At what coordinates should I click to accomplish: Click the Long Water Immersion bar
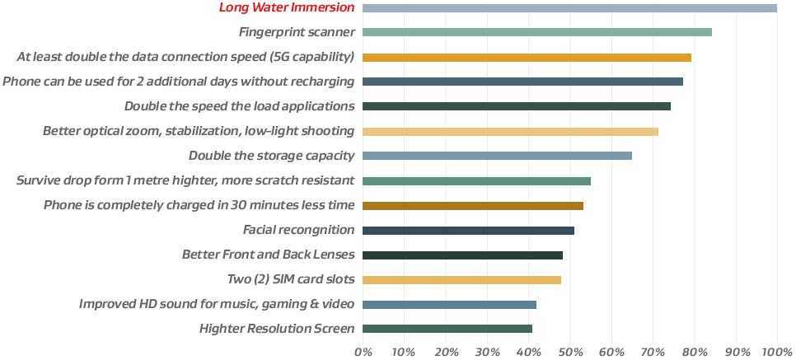pos(569,8)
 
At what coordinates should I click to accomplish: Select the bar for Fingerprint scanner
pos(536,33)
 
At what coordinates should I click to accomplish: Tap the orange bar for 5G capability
pos(527,58)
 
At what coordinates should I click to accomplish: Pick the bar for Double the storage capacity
pos(497,156)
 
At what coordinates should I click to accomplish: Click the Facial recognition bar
pos(468,231)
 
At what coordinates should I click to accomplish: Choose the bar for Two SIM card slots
pos(461,280)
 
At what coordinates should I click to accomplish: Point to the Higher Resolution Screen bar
pos(447,329)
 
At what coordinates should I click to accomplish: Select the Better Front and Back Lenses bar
pos(462,255)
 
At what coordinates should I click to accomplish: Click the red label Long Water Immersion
pos(287,8)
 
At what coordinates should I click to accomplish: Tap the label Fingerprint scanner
pos(297,33)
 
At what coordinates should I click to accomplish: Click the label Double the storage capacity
pos(271,156)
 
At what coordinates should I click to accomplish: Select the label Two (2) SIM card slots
pos(290,280)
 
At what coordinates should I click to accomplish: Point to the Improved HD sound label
pos(217,305)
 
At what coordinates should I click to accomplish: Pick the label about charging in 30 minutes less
pos(199,205)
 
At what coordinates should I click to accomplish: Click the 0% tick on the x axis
pos(363,352)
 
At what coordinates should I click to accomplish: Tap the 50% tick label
pos(569,352)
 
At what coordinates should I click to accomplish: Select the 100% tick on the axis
pos(776,352)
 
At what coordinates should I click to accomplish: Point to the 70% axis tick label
pos(653,352)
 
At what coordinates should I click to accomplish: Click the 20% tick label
pos(445,352)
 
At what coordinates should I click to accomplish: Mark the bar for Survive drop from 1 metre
pos(476,180)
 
